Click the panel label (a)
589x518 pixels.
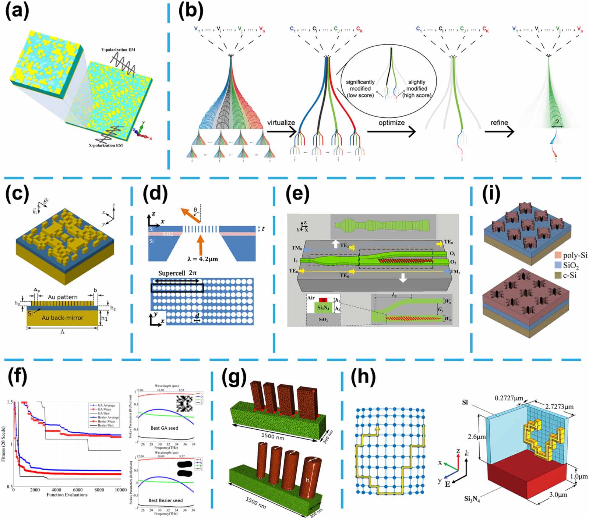tap(17, 11)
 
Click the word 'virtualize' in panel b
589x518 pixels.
tap(281, 123)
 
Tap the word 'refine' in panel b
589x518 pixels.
tap(499, 123)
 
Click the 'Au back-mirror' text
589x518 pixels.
tap(62, 317)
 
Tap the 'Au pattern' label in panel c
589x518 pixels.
tap(63, 297)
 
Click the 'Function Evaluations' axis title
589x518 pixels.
tap(67, 495)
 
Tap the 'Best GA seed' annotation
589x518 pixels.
tap(164, 428)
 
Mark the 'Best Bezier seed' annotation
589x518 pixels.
tap(165, 500)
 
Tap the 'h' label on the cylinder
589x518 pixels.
tap(307, 480)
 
